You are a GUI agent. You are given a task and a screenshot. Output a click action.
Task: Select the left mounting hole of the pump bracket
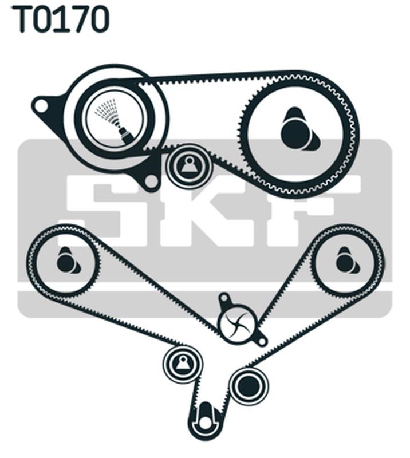pyautogui.click(x=41, y=106)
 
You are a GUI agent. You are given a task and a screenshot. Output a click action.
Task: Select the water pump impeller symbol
pyautogui.click(x=236, y=324)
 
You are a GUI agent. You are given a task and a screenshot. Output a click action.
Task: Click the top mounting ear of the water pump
pyautogui.click(x=224, y=299)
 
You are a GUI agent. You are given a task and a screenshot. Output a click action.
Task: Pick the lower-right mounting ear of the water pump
pyautogui.click(x=261, y=341)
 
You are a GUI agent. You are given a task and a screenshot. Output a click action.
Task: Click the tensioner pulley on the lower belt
pyautogui.click(x=183, y=364)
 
